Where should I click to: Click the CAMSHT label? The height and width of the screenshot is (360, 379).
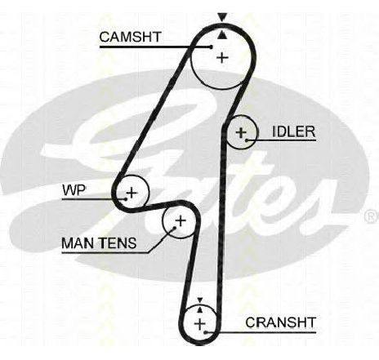coord(131,37)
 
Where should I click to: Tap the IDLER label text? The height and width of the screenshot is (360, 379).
coord(294,131)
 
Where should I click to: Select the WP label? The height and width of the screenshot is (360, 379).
coord(74,190)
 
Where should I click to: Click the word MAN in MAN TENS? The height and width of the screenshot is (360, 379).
coord(79,243)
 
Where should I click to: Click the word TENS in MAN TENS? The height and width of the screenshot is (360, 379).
coord(118,243)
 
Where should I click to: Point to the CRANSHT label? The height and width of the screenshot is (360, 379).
coord(280,322)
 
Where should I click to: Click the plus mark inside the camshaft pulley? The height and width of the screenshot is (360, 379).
coord(223,58)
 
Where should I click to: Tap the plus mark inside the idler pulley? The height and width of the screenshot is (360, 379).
coord(241,133)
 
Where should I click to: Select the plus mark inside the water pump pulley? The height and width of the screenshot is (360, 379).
coord(132,193)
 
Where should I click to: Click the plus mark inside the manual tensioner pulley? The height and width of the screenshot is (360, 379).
coord(181,220)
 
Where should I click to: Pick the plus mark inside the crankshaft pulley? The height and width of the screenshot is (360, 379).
coord(200,324)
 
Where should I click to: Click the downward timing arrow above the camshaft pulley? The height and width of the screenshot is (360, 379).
coord(222,17)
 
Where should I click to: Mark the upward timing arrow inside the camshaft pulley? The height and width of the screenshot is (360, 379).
coord(222,34)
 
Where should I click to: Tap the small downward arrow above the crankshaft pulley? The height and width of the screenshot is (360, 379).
coord(200,300)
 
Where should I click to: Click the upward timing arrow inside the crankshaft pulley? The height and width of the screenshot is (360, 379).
coord(200,309)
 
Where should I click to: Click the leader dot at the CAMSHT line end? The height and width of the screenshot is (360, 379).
coord(211,47)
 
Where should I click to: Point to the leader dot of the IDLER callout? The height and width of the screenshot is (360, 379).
coord(247,140)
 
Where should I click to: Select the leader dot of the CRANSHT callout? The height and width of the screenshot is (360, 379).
coord(206,332)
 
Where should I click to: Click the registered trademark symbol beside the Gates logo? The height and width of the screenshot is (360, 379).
coord(372,216)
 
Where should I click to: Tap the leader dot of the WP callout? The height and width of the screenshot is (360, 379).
coord(125,199)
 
